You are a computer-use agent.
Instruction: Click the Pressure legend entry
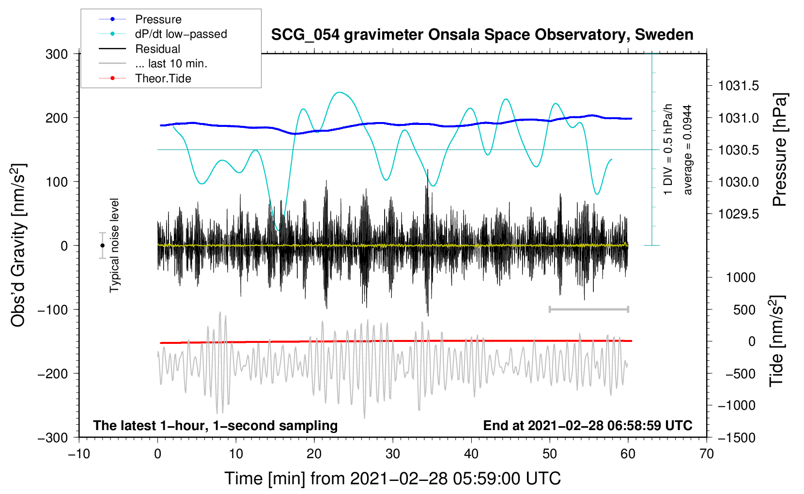click(158, 19)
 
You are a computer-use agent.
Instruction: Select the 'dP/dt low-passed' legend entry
click(181, 34)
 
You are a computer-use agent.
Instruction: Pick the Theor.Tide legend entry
click(163, 78)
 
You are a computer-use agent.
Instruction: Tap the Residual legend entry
click(157, 49)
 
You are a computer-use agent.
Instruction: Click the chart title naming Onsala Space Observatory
click(482, 35)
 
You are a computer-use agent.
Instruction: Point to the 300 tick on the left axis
click(57, 54)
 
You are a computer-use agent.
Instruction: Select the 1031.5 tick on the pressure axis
click(738, 86)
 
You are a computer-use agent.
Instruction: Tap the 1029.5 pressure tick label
click(738, 214)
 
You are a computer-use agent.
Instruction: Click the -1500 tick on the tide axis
click(737, 438)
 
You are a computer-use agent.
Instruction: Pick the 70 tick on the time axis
click(707, 454)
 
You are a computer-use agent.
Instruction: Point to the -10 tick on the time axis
click(79, 454)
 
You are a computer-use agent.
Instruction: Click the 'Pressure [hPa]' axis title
click(779, 150)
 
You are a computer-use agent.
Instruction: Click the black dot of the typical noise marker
click(103, 246)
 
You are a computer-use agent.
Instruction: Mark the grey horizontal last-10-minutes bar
click(588, 309)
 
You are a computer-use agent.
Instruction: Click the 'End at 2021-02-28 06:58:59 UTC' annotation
click(588, 426)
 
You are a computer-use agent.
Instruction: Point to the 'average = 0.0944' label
click(688, 150)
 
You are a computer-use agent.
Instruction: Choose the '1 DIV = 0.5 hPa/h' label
click(668, 149)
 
